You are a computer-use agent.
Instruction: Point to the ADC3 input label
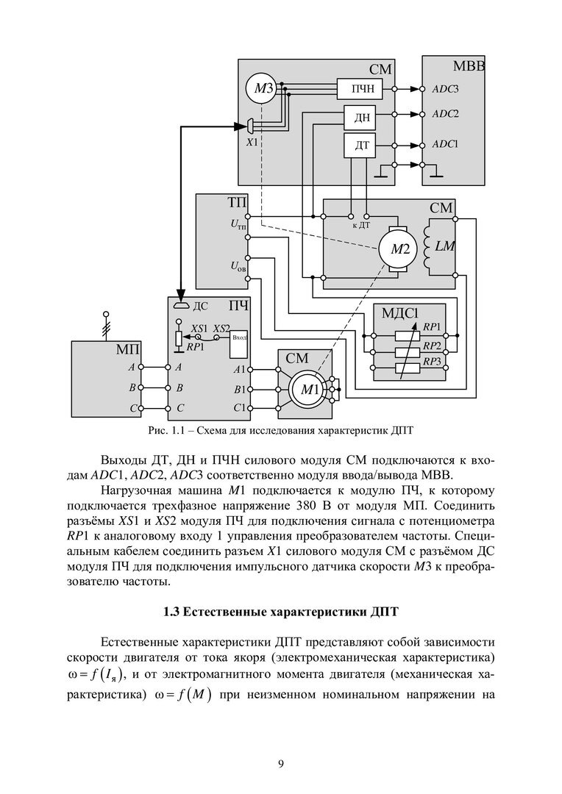click(x=445, y=89)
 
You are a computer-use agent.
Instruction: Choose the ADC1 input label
click(x=445, y=144)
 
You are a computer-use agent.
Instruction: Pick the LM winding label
click(x=445, y=247)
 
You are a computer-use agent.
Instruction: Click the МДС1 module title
click(x=400, y=312)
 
